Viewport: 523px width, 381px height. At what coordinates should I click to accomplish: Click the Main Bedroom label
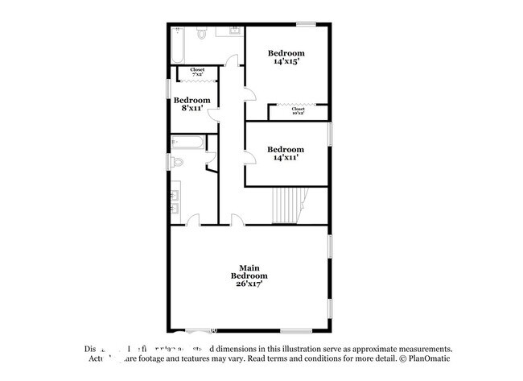point(247,271)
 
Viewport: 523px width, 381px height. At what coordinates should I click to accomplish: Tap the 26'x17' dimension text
point(247,283)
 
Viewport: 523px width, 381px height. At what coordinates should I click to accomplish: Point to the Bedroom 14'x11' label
point(286,153)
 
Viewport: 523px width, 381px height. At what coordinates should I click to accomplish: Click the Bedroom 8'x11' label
point(191,104)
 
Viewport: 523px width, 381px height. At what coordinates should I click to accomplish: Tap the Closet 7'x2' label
point(197,72)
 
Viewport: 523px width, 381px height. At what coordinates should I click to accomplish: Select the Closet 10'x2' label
point(298,110)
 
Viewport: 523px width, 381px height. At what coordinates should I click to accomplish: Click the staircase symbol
point(287,205)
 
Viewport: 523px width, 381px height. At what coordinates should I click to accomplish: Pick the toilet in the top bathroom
point(202,35)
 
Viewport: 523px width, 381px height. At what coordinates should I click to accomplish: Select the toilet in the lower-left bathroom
point(179,162)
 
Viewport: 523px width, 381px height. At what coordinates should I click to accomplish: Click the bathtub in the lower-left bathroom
point(187,143)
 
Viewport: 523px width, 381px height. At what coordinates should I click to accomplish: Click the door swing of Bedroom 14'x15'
point(250,94)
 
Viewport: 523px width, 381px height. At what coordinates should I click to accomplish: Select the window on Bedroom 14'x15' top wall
point(305,24)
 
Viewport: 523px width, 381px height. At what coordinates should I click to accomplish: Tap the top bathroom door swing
point(233,59)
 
